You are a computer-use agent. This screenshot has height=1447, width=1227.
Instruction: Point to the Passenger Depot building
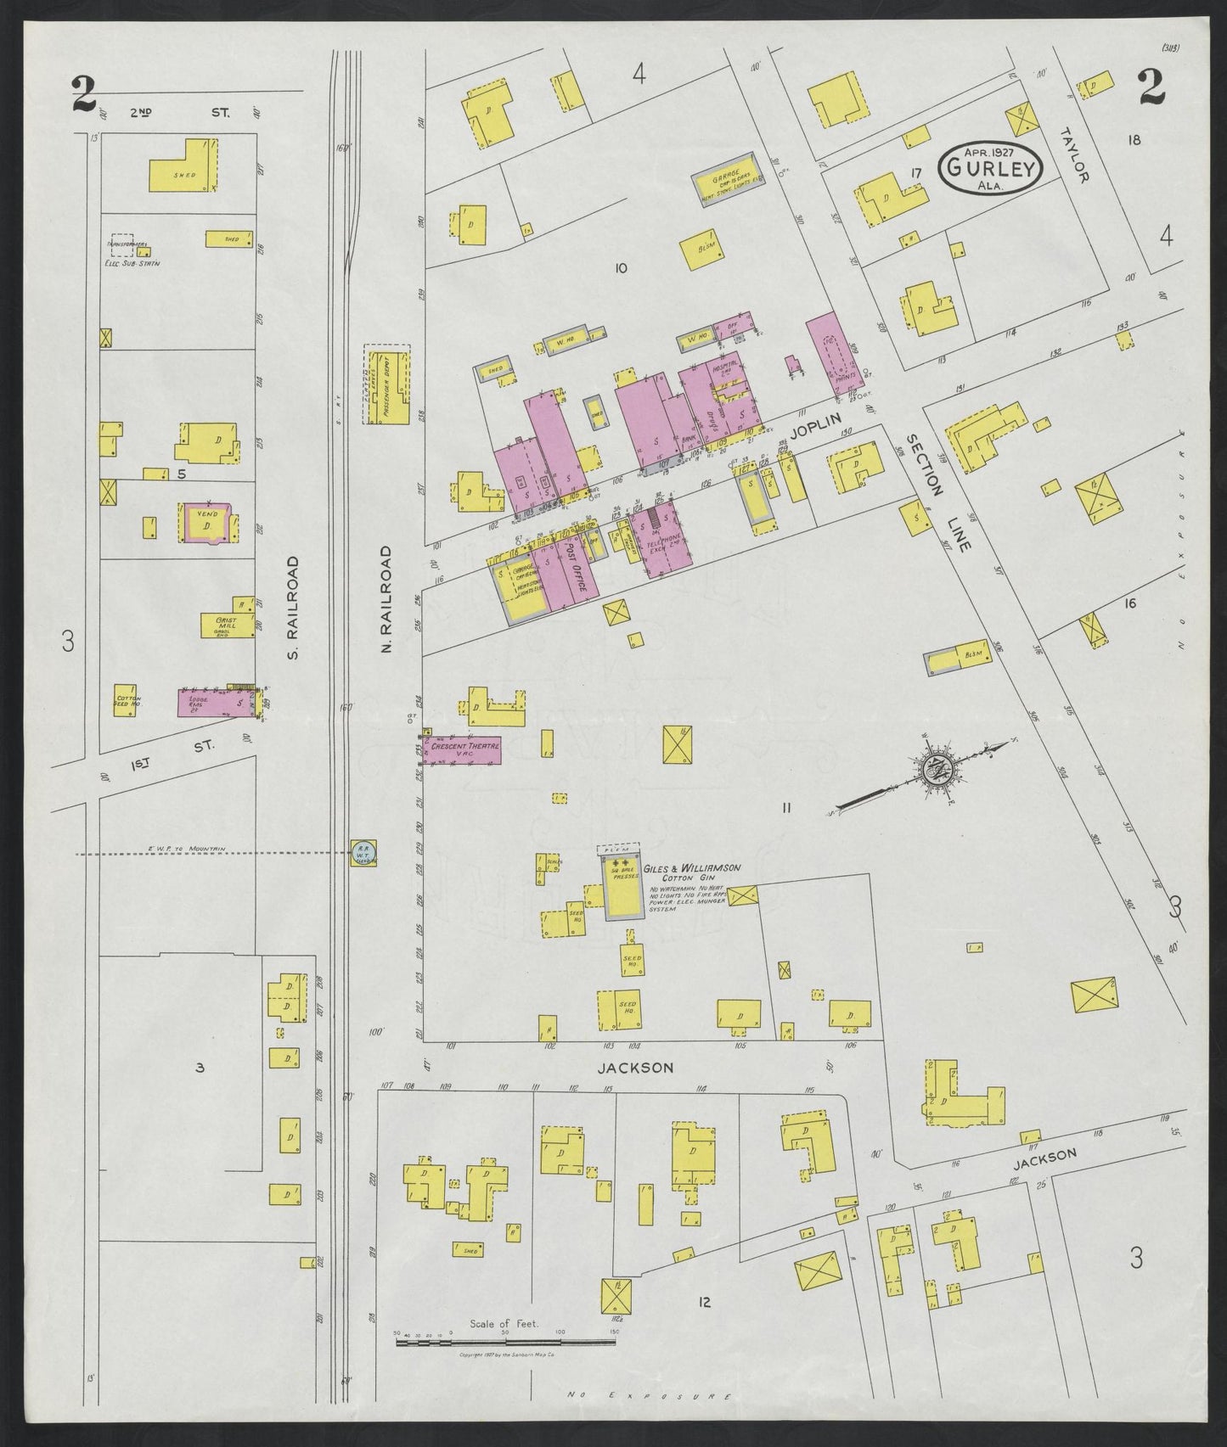[387, 387]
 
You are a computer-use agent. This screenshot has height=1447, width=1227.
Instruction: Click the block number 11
[786, 809]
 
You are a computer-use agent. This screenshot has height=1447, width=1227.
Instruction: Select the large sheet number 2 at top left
[82, 93]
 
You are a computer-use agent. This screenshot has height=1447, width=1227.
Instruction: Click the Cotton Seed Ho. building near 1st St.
[127, 699]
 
